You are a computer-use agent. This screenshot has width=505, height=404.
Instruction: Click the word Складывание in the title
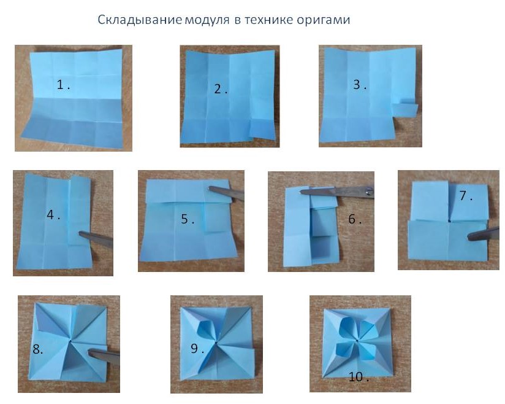tap(140, 20)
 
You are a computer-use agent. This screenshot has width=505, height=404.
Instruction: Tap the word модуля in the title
tap(207, 20)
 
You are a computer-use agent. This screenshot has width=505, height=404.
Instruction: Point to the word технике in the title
tap(269, 20)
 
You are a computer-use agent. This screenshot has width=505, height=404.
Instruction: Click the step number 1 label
tap(64, 85)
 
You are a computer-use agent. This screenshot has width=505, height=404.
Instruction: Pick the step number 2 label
tap(221, 89)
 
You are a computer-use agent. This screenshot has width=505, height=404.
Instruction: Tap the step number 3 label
tap(360, 85)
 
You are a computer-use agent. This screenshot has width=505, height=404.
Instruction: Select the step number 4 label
tap(53, 214)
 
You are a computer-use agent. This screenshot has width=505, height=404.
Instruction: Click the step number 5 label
tap(188, 219)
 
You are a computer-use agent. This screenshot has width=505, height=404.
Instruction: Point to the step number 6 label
tap(355, 219)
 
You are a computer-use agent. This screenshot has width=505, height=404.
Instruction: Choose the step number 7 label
tap(466, 195)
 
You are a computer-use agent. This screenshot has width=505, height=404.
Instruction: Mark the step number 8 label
tap(37, 349)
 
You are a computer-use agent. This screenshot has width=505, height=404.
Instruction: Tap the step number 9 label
tap(197, 349)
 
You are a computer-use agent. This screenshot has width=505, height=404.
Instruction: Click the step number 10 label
tap(359, 377)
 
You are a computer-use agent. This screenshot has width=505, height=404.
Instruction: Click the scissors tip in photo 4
tap(79, 233)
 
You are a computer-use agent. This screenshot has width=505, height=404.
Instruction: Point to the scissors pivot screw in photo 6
tap(368, 192)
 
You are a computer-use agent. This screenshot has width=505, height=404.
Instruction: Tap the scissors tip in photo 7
tap(469, 238)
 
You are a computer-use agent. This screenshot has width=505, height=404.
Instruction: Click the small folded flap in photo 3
tap(405, 109)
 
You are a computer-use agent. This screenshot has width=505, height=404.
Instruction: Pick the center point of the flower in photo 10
tap(357, 341)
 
